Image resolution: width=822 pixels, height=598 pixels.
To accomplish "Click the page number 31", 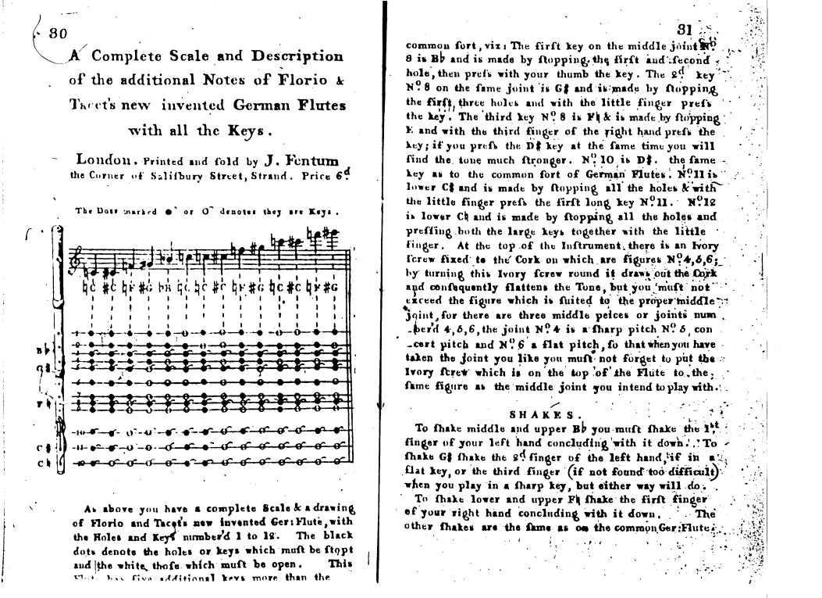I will pyautogui.click(x=684, y=30).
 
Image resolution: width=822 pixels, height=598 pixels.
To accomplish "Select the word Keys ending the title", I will pyautogui.click(x=243, y=129).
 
